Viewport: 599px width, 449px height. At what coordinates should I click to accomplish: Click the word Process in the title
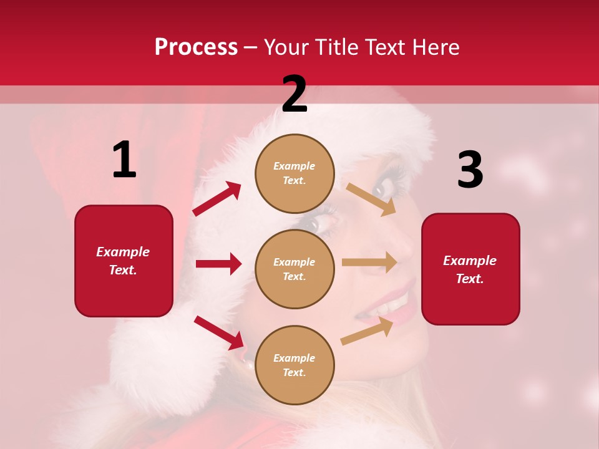[x=196, y=47]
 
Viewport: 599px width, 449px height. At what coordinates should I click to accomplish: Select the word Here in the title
[x=434, y=47]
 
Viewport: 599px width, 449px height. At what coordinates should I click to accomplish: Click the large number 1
[x=124, y=160]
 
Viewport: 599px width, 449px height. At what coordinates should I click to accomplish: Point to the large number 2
[x=295, y=94]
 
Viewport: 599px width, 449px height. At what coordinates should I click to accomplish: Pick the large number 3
[x=470, y=170]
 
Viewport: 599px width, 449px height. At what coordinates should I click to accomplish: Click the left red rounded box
[x=124, y=261]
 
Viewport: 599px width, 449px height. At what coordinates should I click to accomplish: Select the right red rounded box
[x=470, y=269]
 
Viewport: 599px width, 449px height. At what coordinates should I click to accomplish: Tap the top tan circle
[x=295, y=173]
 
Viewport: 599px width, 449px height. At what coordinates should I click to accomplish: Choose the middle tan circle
[x=295, y=269]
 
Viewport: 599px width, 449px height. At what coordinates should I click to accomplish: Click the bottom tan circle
[x=295, y=365]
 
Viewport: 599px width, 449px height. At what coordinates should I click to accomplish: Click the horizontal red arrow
[x=218, y=264]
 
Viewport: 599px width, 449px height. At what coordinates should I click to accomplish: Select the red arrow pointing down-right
[x=219, y=332]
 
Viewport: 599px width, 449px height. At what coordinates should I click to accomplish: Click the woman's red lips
[x=399, y=299]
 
